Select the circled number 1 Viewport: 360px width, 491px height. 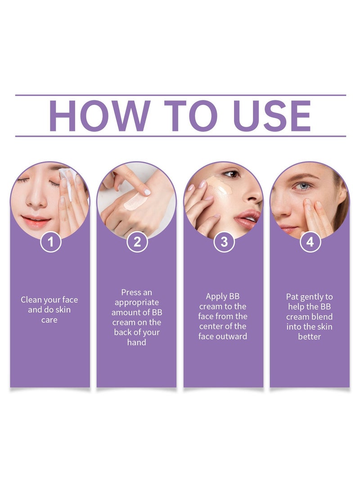(x=50, y=242)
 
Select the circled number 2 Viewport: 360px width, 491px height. (x=137, y=242)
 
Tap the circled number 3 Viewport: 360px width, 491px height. (x=224, y=242)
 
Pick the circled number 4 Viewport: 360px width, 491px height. (x=310, y=242)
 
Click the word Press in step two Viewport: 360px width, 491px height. (x=131, y=293)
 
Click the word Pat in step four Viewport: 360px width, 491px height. (x=292, y=297)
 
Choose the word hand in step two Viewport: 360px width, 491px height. (x=136, y=342)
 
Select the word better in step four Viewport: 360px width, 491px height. (x=310, y=337)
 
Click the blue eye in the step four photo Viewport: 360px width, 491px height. (x=304, y=186)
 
